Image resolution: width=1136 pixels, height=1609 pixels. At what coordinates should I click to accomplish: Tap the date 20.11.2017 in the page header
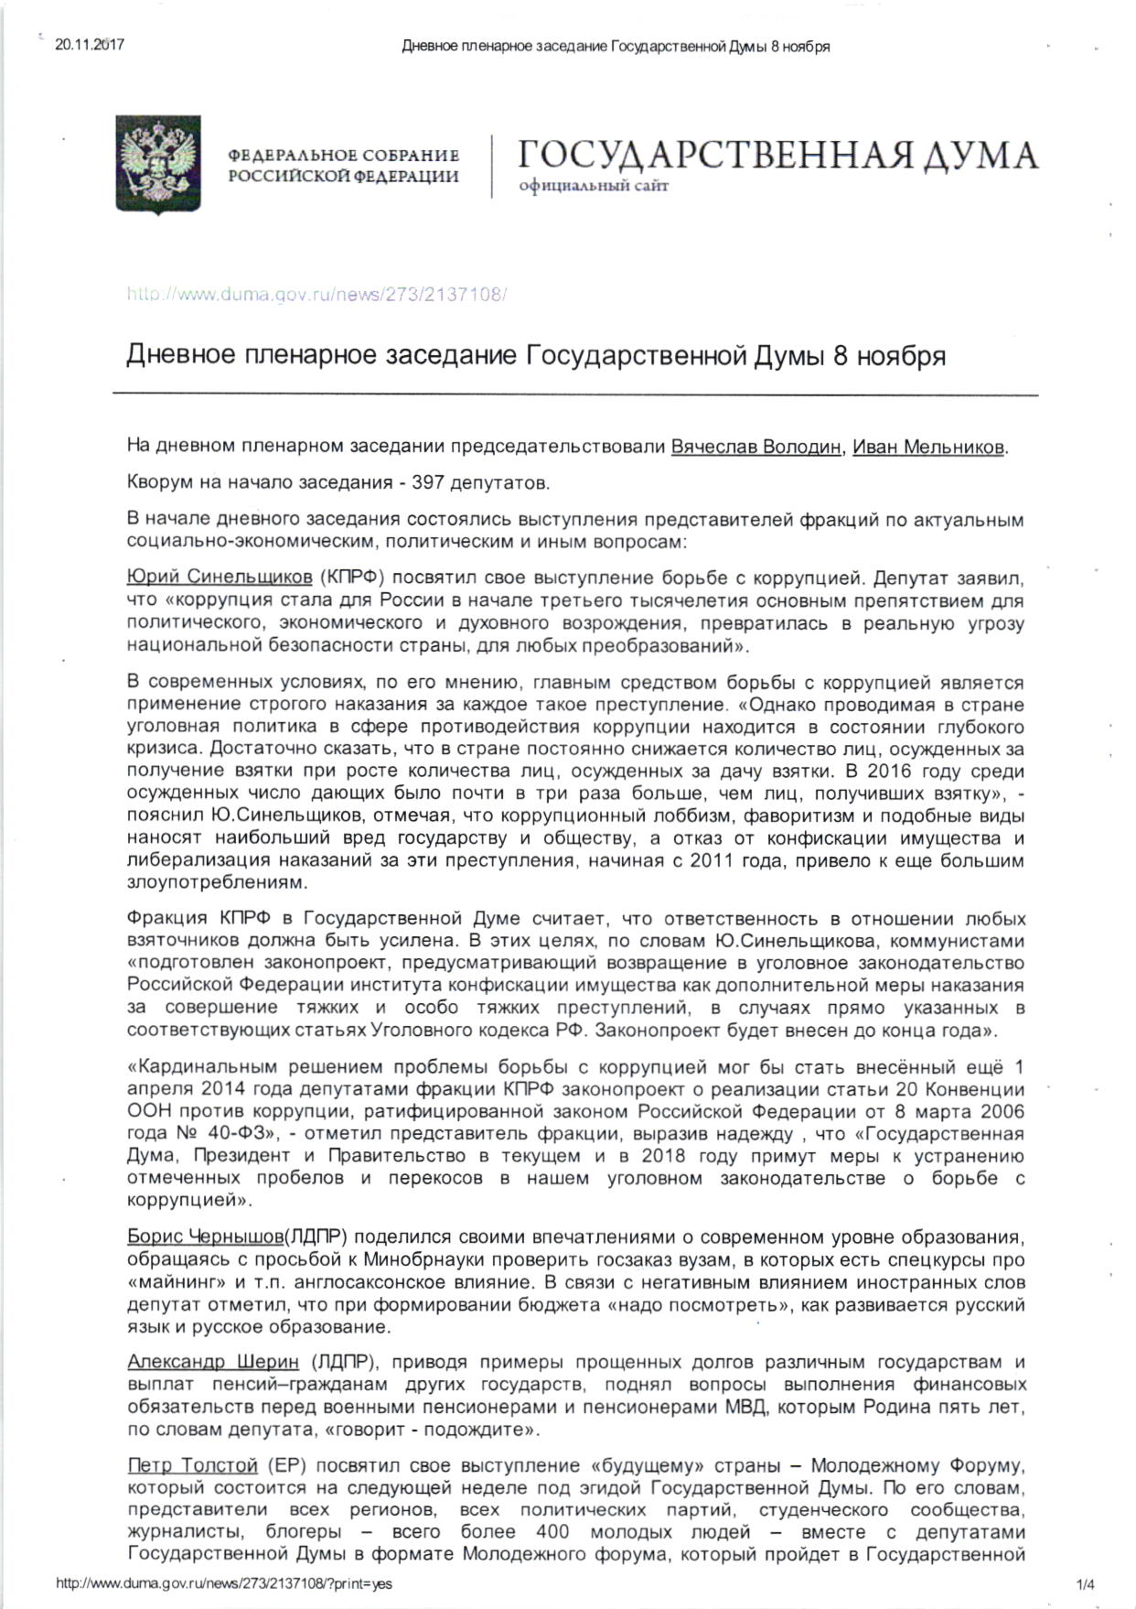point(90,44)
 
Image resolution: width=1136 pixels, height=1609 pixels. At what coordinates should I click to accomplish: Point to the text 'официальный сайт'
point(594,187)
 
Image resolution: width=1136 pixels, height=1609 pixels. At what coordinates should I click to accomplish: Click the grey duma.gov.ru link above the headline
point(316,295)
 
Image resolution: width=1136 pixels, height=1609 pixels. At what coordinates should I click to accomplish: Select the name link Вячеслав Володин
point(756,448)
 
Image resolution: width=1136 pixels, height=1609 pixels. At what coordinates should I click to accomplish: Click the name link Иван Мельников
point(928,448)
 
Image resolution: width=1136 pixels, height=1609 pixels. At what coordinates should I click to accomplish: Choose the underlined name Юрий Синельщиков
point(220,578)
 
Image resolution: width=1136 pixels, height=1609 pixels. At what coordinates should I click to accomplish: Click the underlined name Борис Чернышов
point(205,1237)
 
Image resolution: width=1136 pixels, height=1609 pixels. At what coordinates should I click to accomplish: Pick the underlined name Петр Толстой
point(192,1466)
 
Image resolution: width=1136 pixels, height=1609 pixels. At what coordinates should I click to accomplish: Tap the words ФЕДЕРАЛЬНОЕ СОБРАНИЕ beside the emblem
point(344,157)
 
